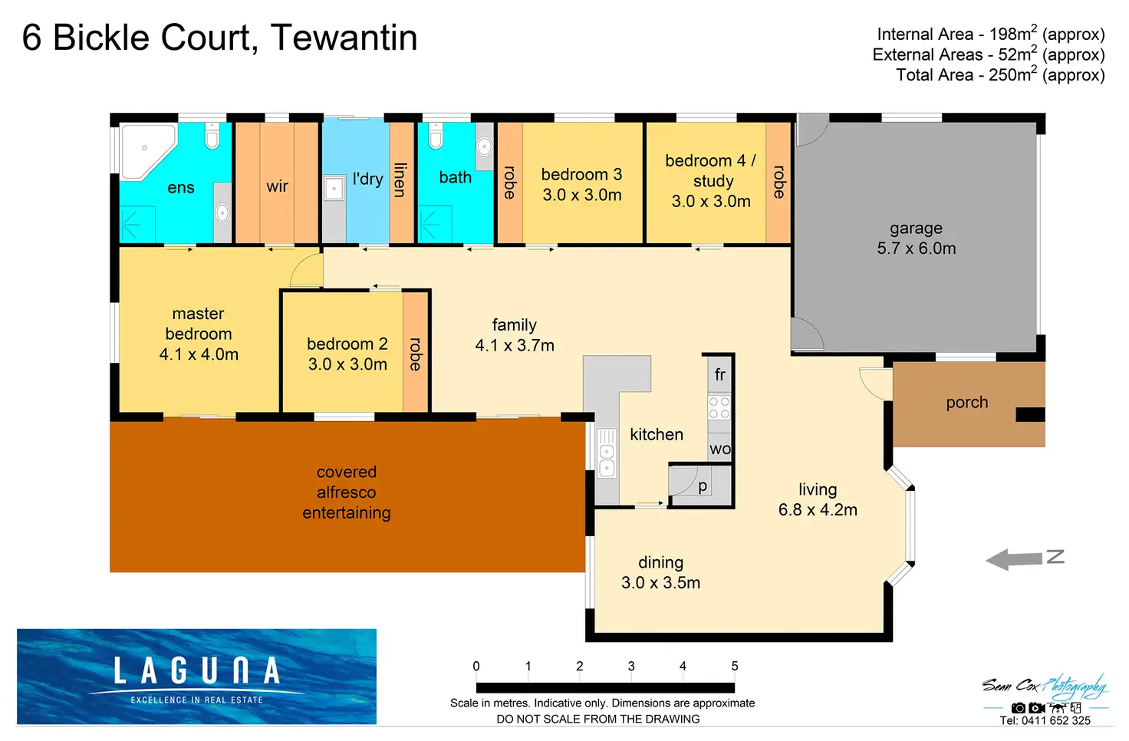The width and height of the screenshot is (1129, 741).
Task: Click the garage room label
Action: point(916,238)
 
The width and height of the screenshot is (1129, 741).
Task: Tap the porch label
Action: point(966,403)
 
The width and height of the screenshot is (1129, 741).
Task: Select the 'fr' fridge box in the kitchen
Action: point(719,374)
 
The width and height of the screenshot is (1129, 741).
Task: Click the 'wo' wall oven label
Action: point(719,449)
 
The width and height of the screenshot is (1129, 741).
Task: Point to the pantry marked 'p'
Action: point(702,486)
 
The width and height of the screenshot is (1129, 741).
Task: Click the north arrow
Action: point(1024,558)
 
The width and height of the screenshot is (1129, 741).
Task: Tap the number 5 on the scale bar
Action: point(734,666)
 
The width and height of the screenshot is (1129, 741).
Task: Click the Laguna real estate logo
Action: point(196,676)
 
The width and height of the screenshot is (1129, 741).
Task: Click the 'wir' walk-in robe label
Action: point(277,186)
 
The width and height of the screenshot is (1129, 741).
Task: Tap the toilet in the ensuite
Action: point(212,136)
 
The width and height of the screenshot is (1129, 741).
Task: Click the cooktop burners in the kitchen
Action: point(719,407)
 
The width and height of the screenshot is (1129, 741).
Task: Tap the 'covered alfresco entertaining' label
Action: point(346,492)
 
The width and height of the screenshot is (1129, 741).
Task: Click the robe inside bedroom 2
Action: point(415,354)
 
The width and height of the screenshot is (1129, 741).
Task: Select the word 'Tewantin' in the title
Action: point(344,38)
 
